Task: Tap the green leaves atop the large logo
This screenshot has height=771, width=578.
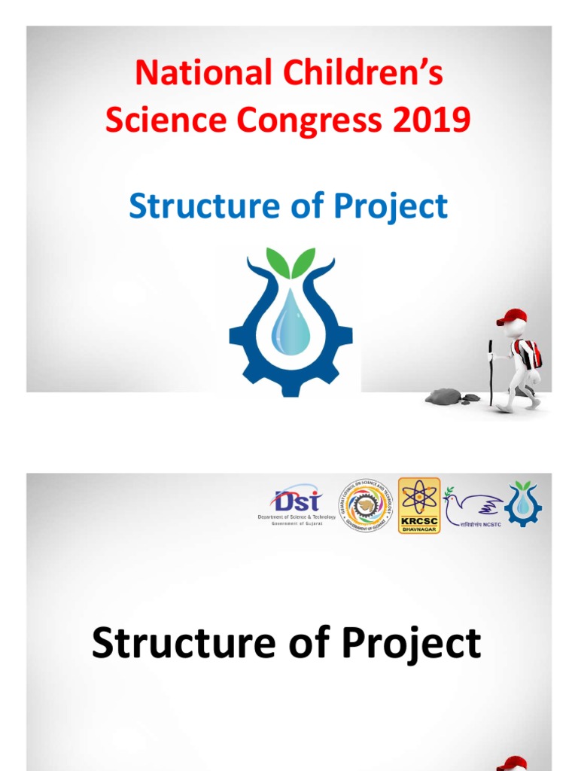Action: click(x=292, y=264)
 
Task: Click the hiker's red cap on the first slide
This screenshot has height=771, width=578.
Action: click(x=513, y=316)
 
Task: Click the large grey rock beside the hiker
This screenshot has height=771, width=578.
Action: click(x=443, y=396)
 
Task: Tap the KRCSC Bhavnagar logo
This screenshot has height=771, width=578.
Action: click(x=419, y=506)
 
